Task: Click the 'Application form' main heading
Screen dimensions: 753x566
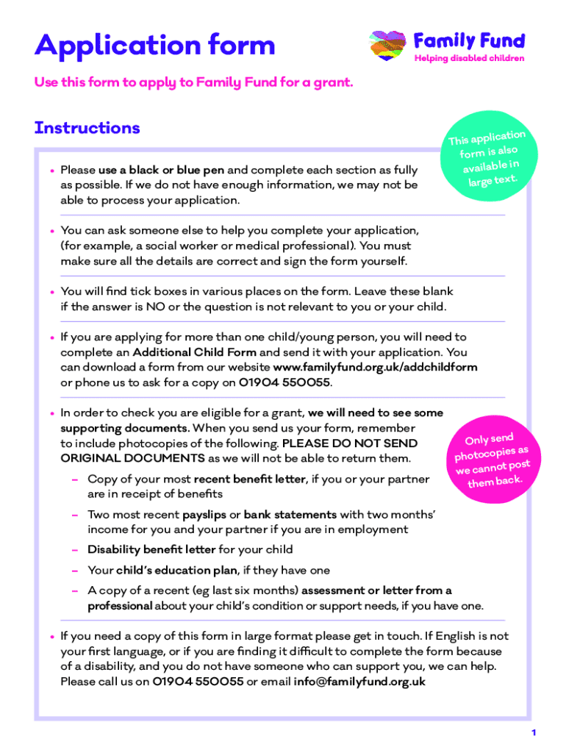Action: tap(154, 46)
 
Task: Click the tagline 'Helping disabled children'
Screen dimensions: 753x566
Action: tap(469, 59)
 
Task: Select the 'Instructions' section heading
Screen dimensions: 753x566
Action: tap(87, 128)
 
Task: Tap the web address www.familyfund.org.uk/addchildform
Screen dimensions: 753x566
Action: tap(375, 367)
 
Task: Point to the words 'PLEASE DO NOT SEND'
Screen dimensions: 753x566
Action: tap(350, 443)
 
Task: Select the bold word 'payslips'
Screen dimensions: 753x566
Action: tap(204, 515)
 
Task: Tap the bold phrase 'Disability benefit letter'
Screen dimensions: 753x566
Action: tap(151, 549)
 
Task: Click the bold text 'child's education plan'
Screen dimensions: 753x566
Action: tap(176, 570)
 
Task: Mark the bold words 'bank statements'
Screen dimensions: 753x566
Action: tap(290, 515)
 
